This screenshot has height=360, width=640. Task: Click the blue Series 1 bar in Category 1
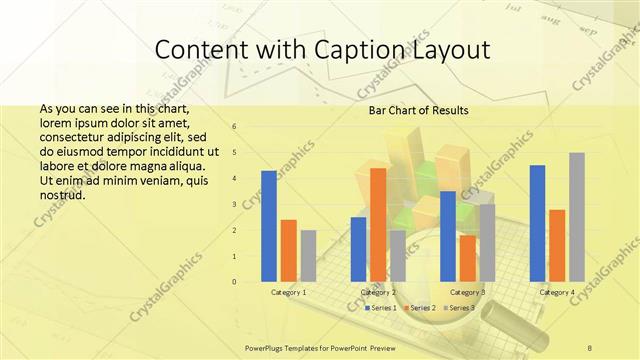tap(268, 226)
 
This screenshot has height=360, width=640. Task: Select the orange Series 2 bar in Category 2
tap(378, 224)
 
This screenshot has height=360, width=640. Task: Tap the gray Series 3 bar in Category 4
tap(577, 217)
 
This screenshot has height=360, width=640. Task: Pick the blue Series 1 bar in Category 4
tap(538, 223)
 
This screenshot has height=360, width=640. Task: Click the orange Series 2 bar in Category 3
tap(468, 258)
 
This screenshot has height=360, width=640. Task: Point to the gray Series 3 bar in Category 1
tap(308, 255)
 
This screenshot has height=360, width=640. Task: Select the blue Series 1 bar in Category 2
tap(358, 249)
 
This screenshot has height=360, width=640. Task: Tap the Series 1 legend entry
tap(382, 307)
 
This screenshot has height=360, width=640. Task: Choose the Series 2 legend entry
tap(420, 307)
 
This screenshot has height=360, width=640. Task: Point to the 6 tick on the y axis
tap(233, 127)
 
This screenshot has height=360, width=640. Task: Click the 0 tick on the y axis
tap(233, 281)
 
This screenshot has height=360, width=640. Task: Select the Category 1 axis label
tap(289, 292)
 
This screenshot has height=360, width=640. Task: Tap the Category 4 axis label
tap(557, 292)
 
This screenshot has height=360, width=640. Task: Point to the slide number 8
tap(590, 347)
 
